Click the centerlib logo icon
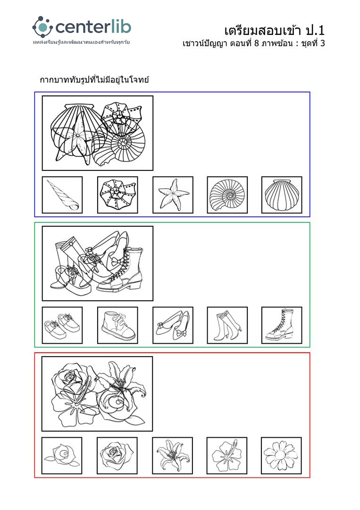(42, 27)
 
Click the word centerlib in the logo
(93, 27)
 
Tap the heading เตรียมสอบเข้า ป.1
(274, 31)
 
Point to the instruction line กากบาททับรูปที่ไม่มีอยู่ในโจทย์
(94, 80)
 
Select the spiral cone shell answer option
(62, 195)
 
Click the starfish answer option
(173, 195)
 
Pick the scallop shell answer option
(282, 195)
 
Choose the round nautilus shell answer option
(227, 195)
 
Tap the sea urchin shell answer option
(117, 195)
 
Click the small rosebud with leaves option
(62, 456)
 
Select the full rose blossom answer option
(117, 456)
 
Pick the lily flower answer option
(172, 456)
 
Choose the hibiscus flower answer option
(227, 456)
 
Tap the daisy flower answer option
(281, 456)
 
